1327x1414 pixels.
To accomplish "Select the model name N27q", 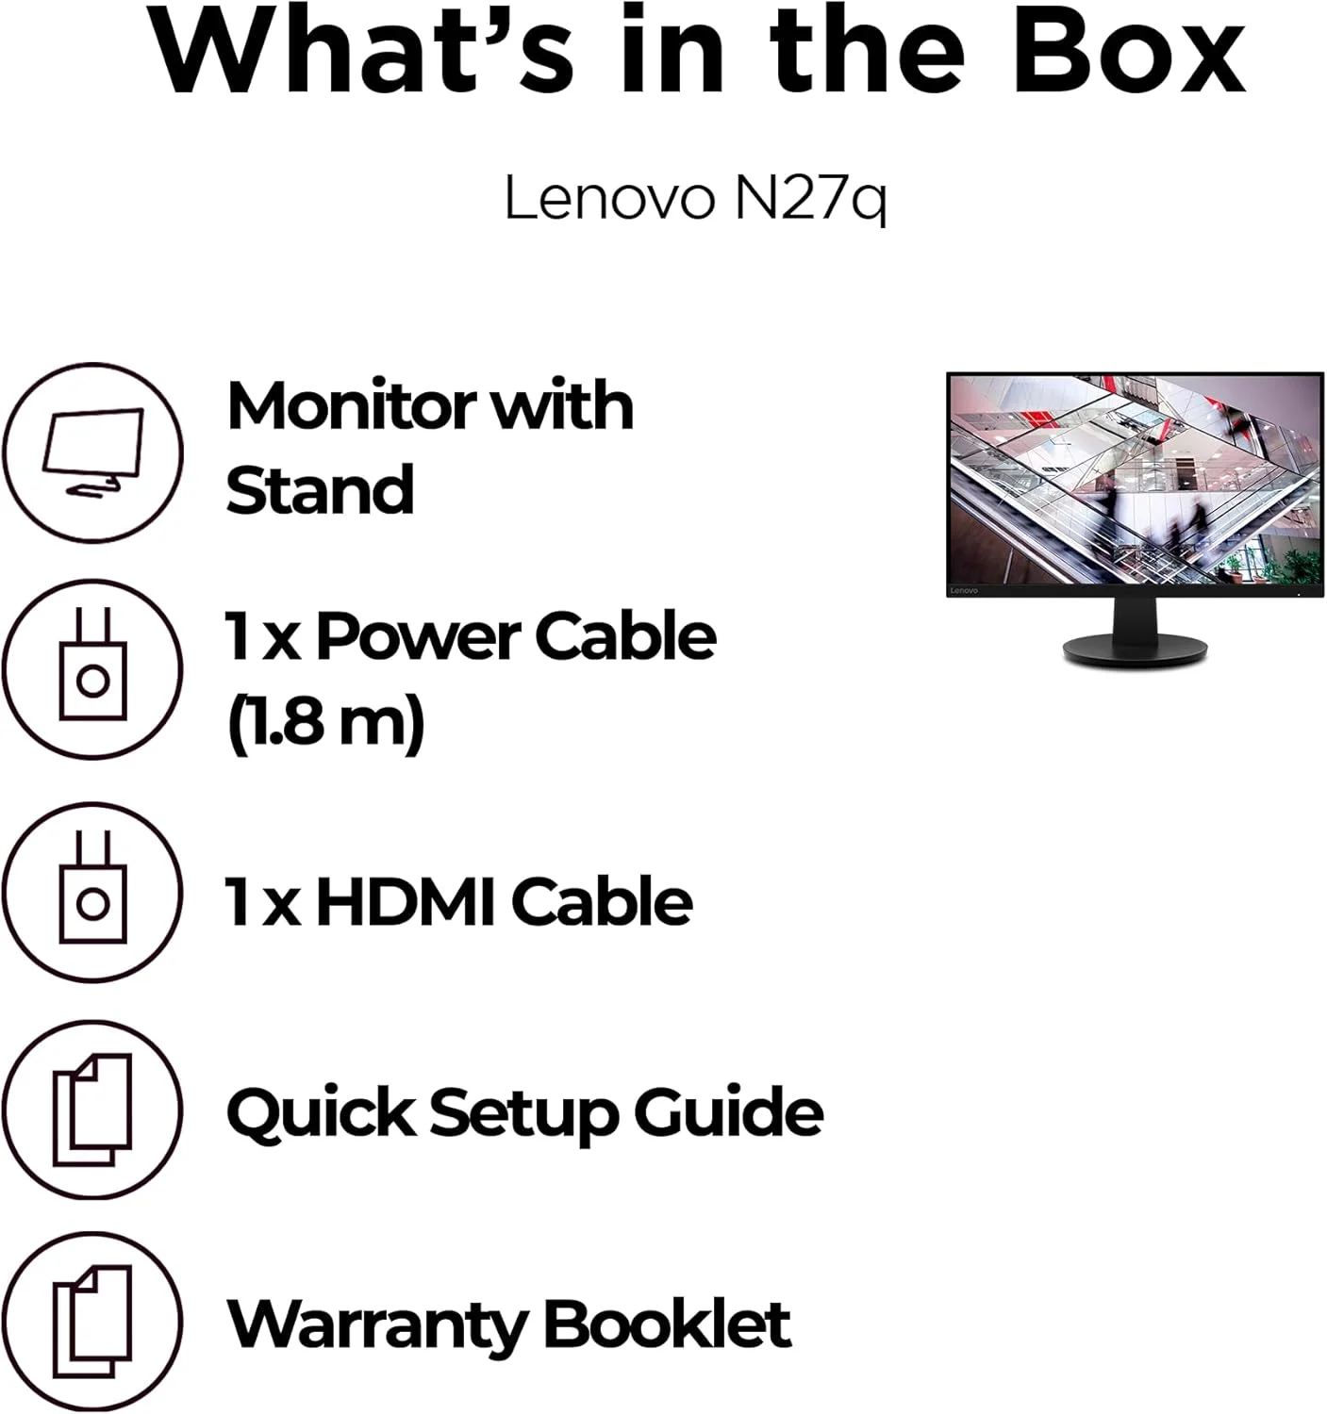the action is [811, 200].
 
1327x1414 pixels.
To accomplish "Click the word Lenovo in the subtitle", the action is [609, 197].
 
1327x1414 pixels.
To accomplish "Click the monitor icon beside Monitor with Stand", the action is [92, 452].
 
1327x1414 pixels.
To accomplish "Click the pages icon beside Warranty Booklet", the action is [92, 1322].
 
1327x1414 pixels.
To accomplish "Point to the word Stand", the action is [320, 489].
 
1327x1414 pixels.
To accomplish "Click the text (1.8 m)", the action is [326, 723].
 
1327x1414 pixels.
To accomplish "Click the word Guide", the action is [729, 1112].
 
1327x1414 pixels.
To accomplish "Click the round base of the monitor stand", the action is [1135, 650].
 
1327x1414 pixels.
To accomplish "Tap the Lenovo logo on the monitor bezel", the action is [964, 591].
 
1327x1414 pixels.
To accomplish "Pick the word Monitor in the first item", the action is [352, 406].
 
